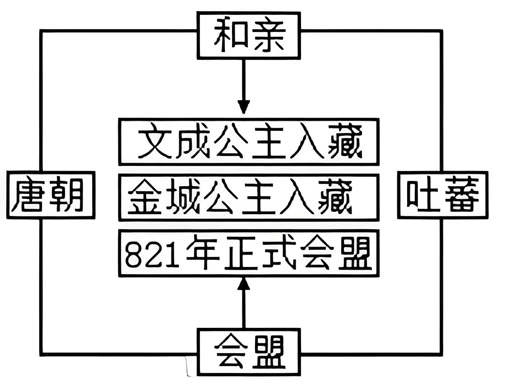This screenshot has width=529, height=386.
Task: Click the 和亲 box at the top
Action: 249,35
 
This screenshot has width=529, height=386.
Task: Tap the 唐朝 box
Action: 51,195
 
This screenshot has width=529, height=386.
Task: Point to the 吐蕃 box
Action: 442,195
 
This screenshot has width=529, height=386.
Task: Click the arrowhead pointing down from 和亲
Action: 244,107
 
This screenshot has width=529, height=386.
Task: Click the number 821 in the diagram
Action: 148,254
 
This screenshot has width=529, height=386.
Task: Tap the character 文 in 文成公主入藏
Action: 155,142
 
